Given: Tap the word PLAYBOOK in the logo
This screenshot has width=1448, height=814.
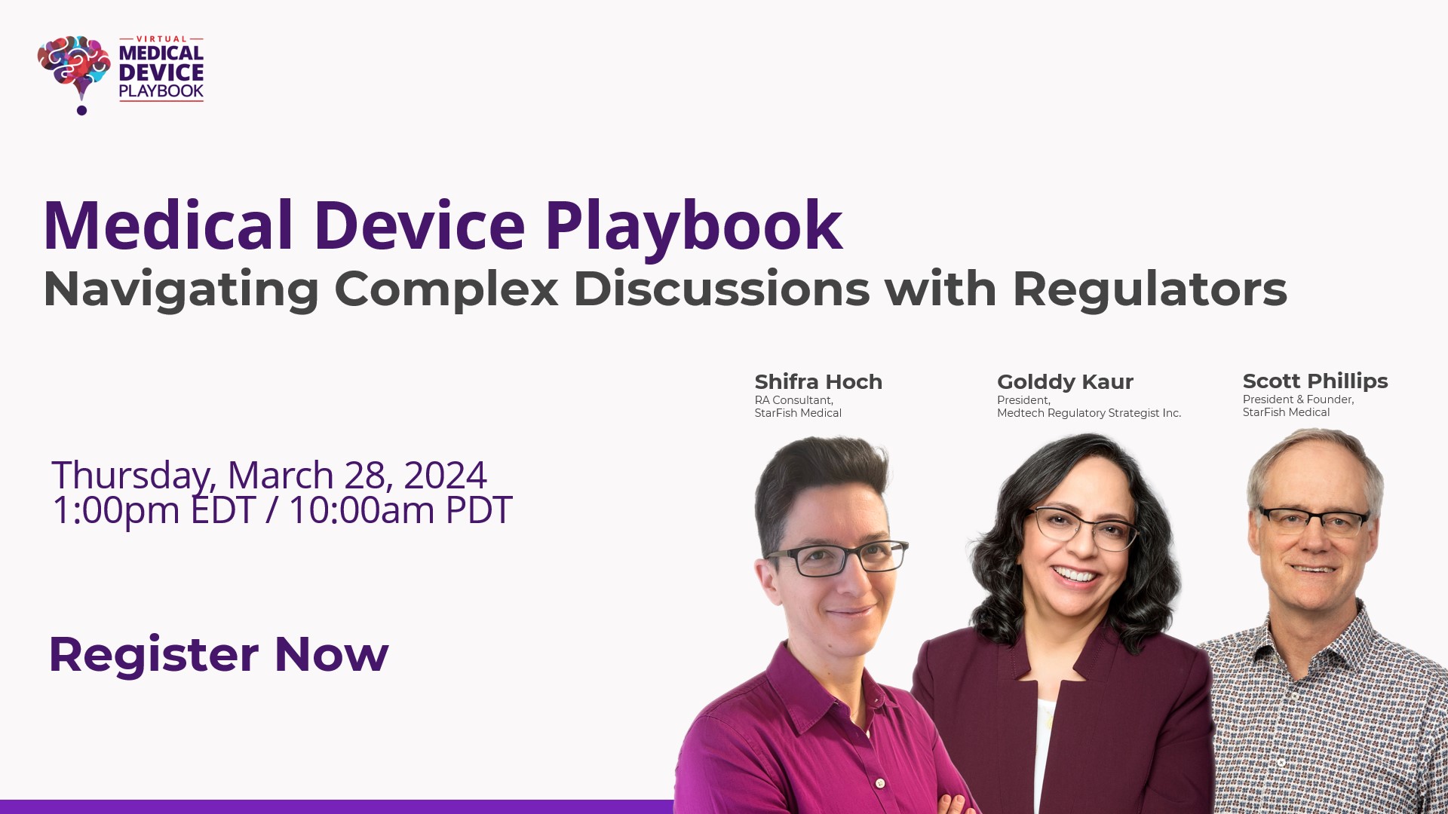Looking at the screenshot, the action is point(161,91).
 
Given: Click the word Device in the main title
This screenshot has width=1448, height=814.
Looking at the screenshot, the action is point(419,225).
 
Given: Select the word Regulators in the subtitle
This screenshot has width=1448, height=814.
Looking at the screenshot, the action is point(1149,289).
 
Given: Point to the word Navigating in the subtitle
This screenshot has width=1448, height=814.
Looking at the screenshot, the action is point(181,290).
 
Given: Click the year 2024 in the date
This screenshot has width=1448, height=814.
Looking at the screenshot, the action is point(445,475).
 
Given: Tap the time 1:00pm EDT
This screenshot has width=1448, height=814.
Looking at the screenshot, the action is point(154,510).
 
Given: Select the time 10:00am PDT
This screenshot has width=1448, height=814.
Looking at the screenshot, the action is point(400,510).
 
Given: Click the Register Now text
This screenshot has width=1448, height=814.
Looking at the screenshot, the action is point(219,654).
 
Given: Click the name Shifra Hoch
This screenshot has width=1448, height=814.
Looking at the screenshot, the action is point(818,382).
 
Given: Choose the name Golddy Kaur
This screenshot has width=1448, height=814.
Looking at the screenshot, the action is point(1065,382).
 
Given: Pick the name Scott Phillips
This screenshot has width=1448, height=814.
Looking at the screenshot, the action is point(1315,381).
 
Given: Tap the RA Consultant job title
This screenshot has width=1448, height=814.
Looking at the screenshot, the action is point(793,400).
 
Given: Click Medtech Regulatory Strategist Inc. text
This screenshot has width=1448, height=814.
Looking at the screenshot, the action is point(1089,413).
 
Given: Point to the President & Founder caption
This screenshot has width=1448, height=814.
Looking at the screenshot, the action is point(1298,399).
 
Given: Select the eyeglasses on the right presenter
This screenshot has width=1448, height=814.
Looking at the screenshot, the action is point(1314,520).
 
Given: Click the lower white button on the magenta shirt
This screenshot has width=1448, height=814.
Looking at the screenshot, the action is point(879,784).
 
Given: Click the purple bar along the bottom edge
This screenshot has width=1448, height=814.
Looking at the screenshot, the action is point(336,806).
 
